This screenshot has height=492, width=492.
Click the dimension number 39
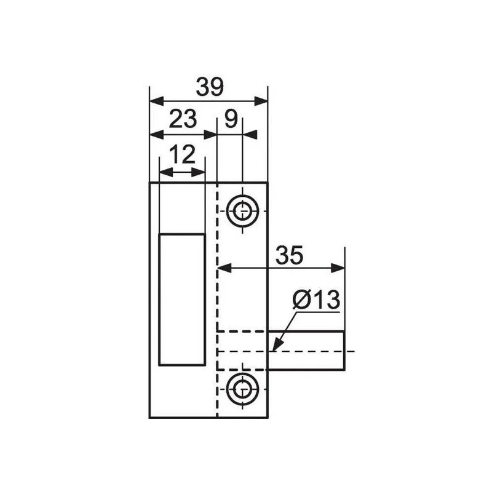tap(209, 87)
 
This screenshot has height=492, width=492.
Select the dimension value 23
tap(182, 119)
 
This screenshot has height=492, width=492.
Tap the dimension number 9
tap(231, 119)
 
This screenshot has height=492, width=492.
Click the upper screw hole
tap(242, 211)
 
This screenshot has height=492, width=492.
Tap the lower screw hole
tap(242, 388)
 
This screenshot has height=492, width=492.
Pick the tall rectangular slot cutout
tap(182, 299)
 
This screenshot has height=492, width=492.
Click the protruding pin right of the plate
tap(306, 351)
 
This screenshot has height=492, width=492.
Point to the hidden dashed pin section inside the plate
tap(243, 351)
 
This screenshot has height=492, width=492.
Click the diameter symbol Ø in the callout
tap(301, 300)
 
